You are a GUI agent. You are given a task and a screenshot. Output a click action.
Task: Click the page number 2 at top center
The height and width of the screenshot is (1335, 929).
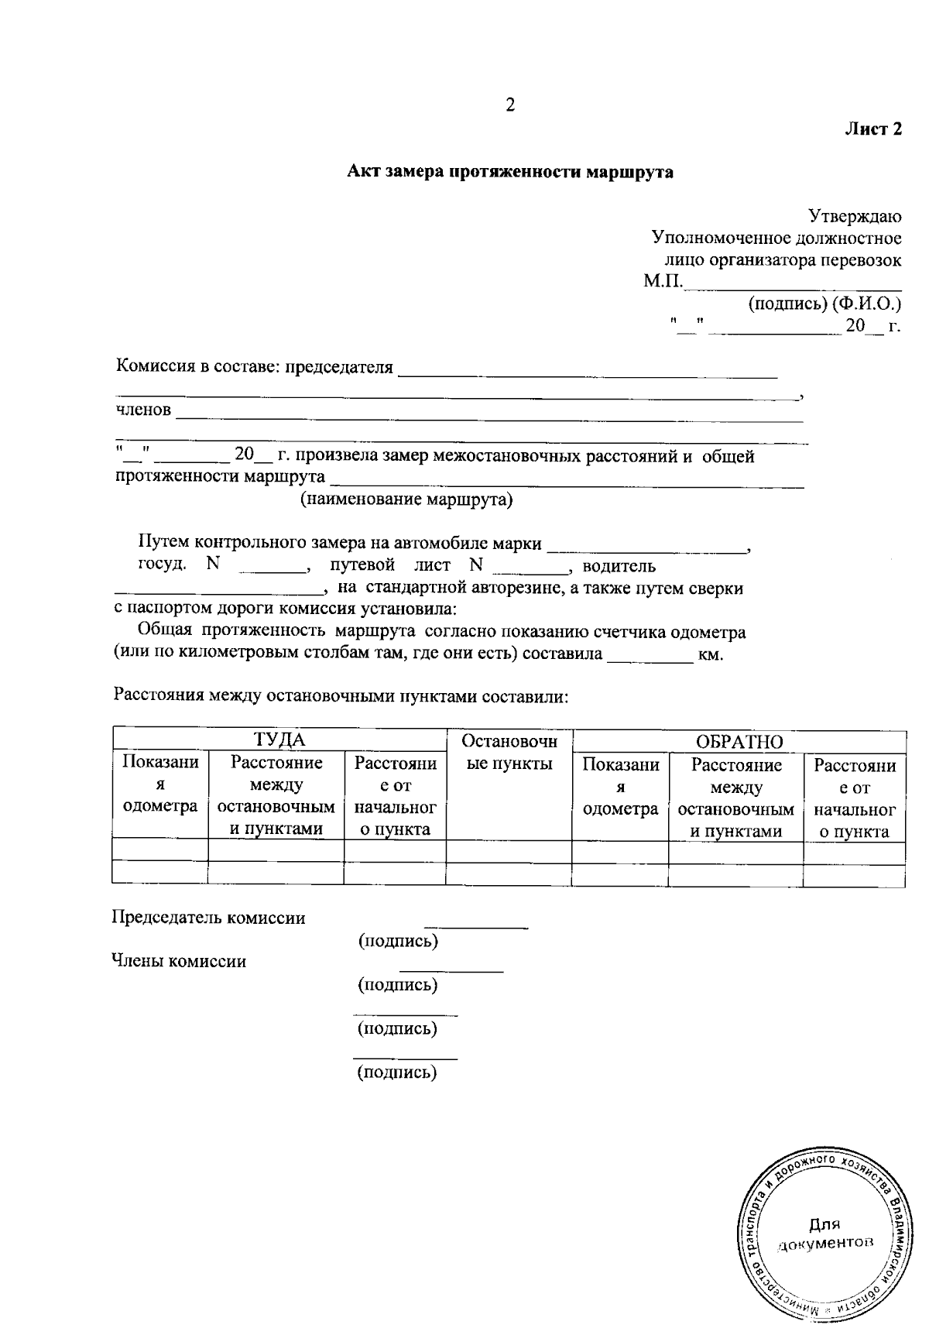[x=509, y=105]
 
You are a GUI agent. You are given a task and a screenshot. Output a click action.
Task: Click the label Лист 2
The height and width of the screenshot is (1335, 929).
[x=872, y=129]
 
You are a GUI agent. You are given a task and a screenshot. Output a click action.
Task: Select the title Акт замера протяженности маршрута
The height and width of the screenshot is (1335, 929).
[x=509, y=171]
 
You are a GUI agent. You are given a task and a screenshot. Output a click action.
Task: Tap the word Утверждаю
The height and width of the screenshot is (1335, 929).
[x=855, y=215]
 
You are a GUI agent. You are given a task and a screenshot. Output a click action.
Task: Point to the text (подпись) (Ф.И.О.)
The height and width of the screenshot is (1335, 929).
[x=824, y=303]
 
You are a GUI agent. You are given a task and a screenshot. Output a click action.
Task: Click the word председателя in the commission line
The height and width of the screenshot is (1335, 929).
[x=340, y=367]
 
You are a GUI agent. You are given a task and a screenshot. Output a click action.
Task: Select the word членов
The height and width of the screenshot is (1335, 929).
[x=143, y=410]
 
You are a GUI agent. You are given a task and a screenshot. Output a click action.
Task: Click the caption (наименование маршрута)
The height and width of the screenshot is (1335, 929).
[x=406, y=499]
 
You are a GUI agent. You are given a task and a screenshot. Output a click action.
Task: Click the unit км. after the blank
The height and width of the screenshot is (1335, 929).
[x=710, y=655]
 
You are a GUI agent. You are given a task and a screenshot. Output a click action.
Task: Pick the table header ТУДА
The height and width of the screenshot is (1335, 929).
[x=279, y=740]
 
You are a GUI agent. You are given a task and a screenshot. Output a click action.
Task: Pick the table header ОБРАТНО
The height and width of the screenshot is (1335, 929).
[x=739, y=742]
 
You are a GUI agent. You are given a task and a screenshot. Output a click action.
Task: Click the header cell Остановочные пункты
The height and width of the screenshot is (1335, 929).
[x=509, y=753]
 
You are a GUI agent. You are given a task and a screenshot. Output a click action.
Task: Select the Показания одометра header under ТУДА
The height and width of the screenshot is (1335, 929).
[x=160, y=784]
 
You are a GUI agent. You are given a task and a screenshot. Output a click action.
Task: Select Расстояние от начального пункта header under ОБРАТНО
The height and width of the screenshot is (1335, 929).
[x=855, y=798]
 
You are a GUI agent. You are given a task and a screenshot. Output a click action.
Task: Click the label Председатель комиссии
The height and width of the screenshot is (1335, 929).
[x=209, y=918]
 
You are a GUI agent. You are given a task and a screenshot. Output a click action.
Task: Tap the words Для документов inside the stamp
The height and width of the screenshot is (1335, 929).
[x=824, y=1234]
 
